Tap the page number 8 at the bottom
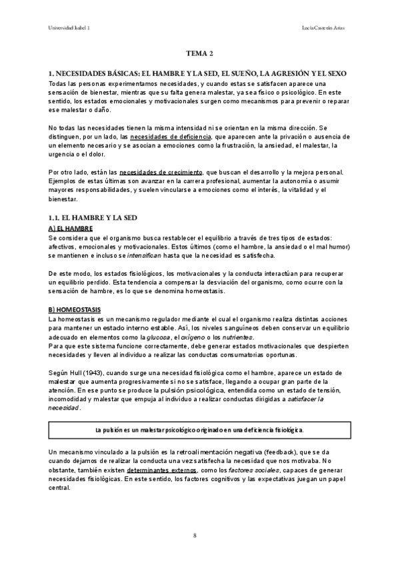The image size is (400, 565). click(195, 535)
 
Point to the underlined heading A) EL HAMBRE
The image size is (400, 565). click(70, 229)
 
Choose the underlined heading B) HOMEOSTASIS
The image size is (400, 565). click(76, 310)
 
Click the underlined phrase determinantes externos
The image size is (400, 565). click(135, 470)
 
